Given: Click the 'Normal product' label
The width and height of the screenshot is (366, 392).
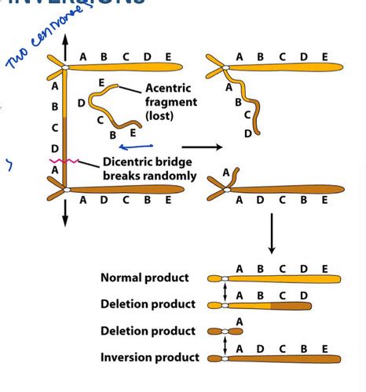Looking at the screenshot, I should (145, 278).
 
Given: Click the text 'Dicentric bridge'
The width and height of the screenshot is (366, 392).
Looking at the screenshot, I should (149, 163).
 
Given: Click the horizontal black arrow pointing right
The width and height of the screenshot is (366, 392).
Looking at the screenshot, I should (199, 146).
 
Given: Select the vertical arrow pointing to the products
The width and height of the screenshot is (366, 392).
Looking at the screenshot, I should (272, 235).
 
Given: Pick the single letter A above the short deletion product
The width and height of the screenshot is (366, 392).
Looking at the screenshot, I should (239, 321).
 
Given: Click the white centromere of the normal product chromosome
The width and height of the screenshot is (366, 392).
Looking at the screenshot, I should (225, 278).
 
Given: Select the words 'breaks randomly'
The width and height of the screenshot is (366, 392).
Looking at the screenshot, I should (149, 176).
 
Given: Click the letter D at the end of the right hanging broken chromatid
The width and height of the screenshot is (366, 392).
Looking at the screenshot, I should (248, 132).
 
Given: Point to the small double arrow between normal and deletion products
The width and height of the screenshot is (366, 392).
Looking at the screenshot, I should (225, 292).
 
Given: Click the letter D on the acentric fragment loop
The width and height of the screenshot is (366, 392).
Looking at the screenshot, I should (82, 101).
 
